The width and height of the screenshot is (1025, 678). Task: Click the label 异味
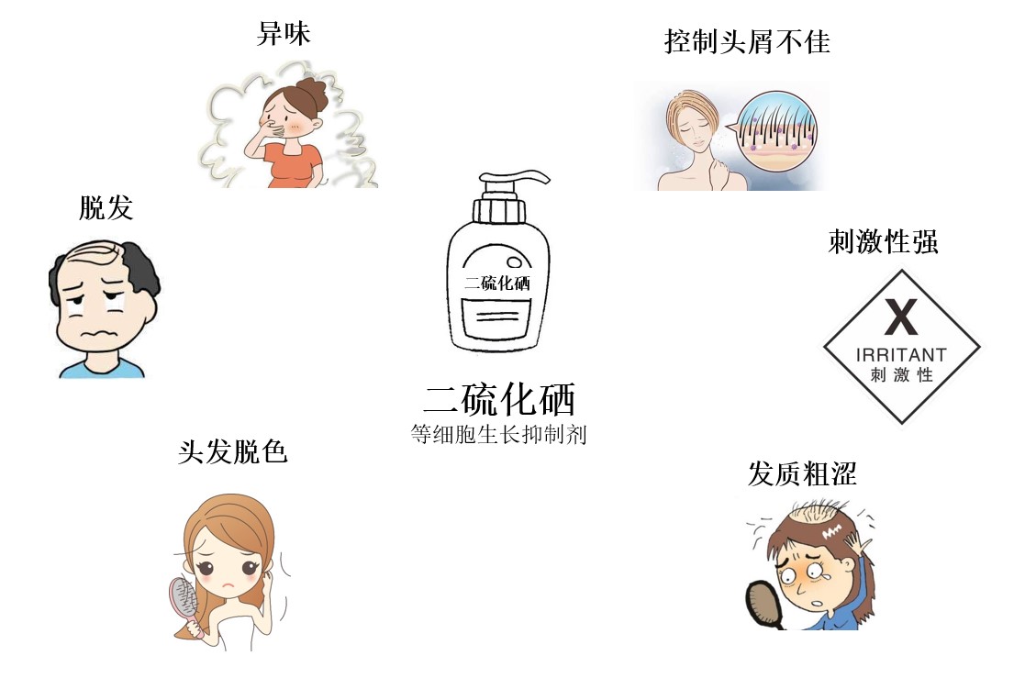pos(284,35)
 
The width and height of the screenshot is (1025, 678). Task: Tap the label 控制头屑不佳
pos(747,40)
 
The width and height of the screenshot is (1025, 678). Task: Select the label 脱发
pos(106,208)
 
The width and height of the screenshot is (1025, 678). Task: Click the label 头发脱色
pos(233,451)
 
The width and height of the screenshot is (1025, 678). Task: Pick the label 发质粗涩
pos(802,473)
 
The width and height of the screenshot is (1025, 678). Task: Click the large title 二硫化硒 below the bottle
pos(499,399)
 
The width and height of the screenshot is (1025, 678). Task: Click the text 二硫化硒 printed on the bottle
pos(497,283)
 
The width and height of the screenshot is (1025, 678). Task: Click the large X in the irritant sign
pos(900,318)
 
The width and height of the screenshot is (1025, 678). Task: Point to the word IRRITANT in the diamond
pos(900,354)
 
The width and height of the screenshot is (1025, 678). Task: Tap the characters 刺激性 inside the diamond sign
pos(900,375)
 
